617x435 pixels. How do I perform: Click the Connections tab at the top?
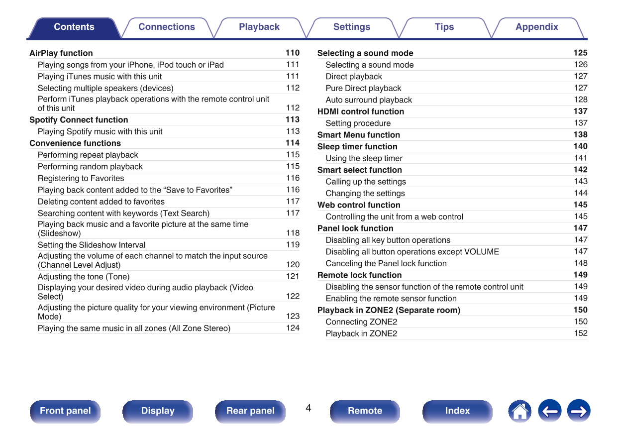[x=167, y=27]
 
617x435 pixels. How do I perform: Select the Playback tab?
[x=259, y=27]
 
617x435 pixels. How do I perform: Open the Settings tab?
[x=352, y=27]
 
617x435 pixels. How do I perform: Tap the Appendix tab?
[x=536, y=27]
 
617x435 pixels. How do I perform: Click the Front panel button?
[x=65, y=411]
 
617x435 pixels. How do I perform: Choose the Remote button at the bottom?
[x=365, y=411]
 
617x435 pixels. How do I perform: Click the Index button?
[x=457, y=411]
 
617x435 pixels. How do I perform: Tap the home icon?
[x=519, y=411]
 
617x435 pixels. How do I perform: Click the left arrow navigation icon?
[x=549, y=411]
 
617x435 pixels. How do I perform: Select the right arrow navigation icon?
[x=579, y=411]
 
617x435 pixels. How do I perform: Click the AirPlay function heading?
[x=61, y=53]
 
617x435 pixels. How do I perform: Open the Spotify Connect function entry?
[x=79, y=120]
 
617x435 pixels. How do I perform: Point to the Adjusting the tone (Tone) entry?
[x=84, y=277]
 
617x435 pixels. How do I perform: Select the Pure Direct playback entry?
[x=363, y=88]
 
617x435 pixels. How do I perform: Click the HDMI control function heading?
[x=361, y=111]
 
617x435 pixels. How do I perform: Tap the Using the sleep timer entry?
[x=364, y=158]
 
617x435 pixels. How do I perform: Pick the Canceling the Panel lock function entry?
[x=386, y=263]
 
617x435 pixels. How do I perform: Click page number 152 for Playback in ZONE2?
[x=581, y=333]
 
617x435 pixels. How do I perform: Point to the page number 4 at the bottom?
[x=308, y=409]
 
